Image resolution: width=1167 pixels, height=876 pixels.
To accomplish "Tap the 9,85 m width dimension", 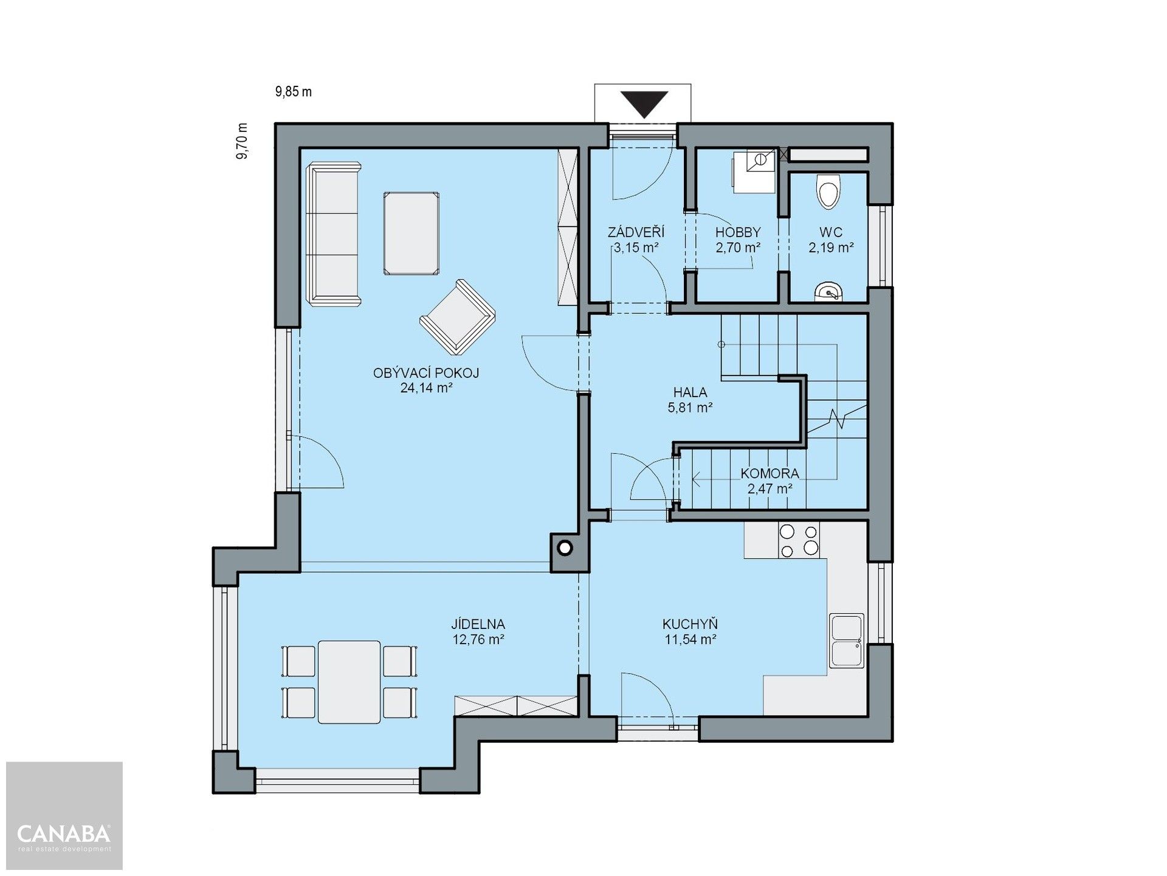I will (x=294, y=92).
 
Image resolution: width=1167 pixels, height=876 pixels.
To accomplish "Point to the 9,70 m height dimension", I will (x=243, y=141).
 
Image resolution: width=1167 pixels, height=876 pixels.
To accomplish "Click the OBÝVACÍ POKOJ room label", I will (x=426, y=373).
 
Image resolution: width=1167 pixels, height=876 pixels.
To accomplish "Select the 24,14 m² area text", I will (x=426, y=388).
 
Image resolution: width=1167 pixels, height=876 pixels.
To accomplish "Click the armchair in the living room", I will (x=457, y=317).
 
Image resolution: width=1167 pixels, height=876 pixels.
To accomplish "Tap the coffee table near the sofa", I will (x=411, y=234).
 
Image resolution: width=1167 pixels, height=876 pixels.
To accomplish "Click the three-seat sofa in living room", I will (x=334, y=234).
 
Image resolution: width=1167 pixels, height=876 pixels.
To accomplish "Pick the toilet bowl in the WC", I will (x=828, y=192).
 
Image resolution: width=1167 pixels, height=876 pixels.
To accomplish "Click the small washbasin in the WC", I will (x=828, y=293).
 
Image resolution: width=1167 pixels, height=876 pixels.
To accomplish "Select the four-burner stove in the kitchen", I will (x=799, y=540).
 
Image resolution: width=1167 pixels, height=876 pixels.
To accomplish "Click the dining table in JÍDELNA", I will (x=349, y=681).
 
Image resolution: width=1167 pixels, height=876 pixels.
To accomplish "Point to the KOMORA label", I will (x=769, y=473).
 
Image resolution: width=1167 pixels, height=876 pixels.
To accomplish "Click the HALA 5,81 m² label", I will (x=690, y=400).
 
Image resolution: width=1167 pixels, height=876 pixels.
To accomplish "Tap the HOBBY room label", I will (x=738, y=232).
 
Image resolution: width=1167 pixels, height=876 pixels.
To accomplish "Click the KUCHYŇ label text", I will (x=690, y=624).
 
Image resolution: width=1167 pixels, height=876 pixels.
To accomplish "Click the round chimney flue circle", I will (x=565, y=549).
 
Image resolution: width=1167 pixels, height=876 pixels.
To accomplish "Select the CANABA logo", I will (x=64, y=833).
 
